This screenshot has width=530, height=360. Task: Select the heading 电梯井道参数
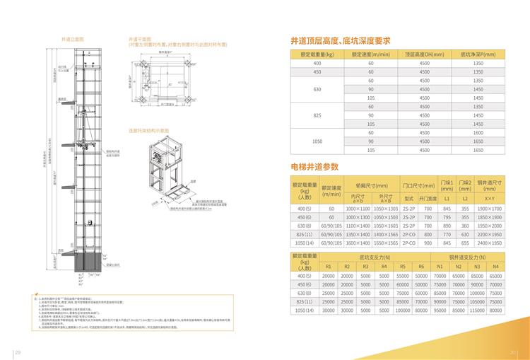coord(314,167)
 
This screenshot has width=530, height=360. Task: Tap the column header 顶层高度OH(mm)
coord(424,54)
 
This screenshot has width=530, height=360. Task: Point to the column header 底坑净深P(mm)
coord(478,54)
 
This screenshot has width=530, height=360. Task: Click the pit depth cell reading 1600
coord(478,133)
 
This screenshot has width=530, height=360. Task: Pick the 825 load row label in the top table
coord(317,115)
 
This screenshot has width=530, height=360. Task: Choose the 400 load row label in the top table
coord(317,64)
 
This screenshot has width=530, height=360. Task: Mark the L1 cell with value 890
coord(447,225)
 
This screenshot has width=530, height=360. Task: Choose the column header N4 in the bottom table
coord(496,266)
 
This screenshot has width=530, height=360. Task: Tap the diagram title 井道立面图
coord(73,39)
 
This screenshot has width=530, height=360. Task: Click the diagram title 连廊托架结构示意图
coord(148,130)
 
